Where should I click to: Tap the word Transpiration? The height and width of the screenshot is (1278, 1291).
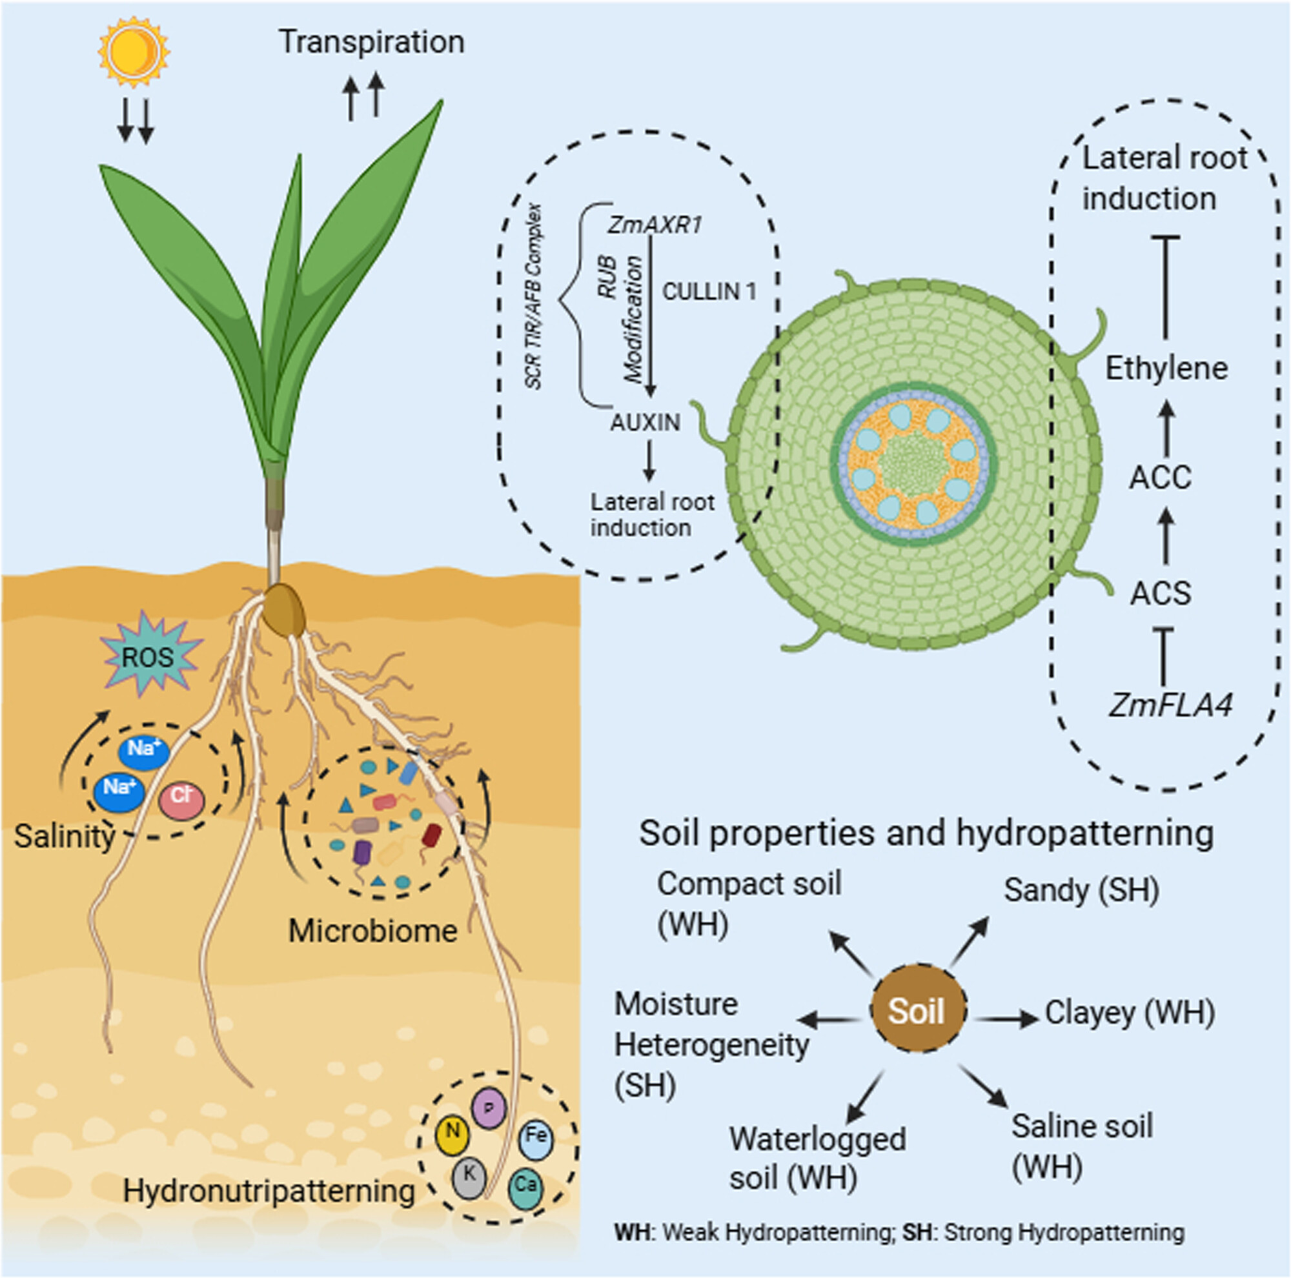[x=371, y=41]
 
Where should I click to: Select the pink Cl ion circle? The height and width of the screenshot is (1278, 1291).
[x=182, y=799]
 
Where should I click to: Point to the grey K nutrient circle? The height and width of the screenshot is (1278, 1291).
[x=469, y=1176]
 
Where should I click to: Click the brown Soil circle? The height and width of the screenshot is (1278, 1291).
[x=917, y=1011]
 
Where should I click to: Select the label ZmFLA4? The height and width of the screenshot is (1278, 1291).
[x=1170, y=705]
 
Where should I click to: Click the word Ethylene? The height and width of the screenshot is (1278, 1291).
[x=1166, y=368]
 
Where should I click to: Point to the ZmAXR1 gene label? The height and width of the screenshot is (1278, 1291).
[x=654, y=225]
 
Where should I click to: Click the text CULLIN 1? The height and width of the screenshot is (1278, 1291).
[x=708, y=291]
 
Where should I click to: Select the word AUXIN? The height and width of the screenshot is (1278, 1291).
[x=645, y=422]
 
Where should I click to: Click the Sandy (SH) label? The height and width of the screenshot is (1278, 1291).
[x=1081, y=890]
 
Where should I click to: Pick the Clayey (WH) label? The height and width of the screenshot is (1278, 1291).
[x=1129, y=1013]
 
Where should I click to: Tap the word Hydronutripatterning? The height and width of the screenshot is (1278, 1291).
[x=269, y=1190]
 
